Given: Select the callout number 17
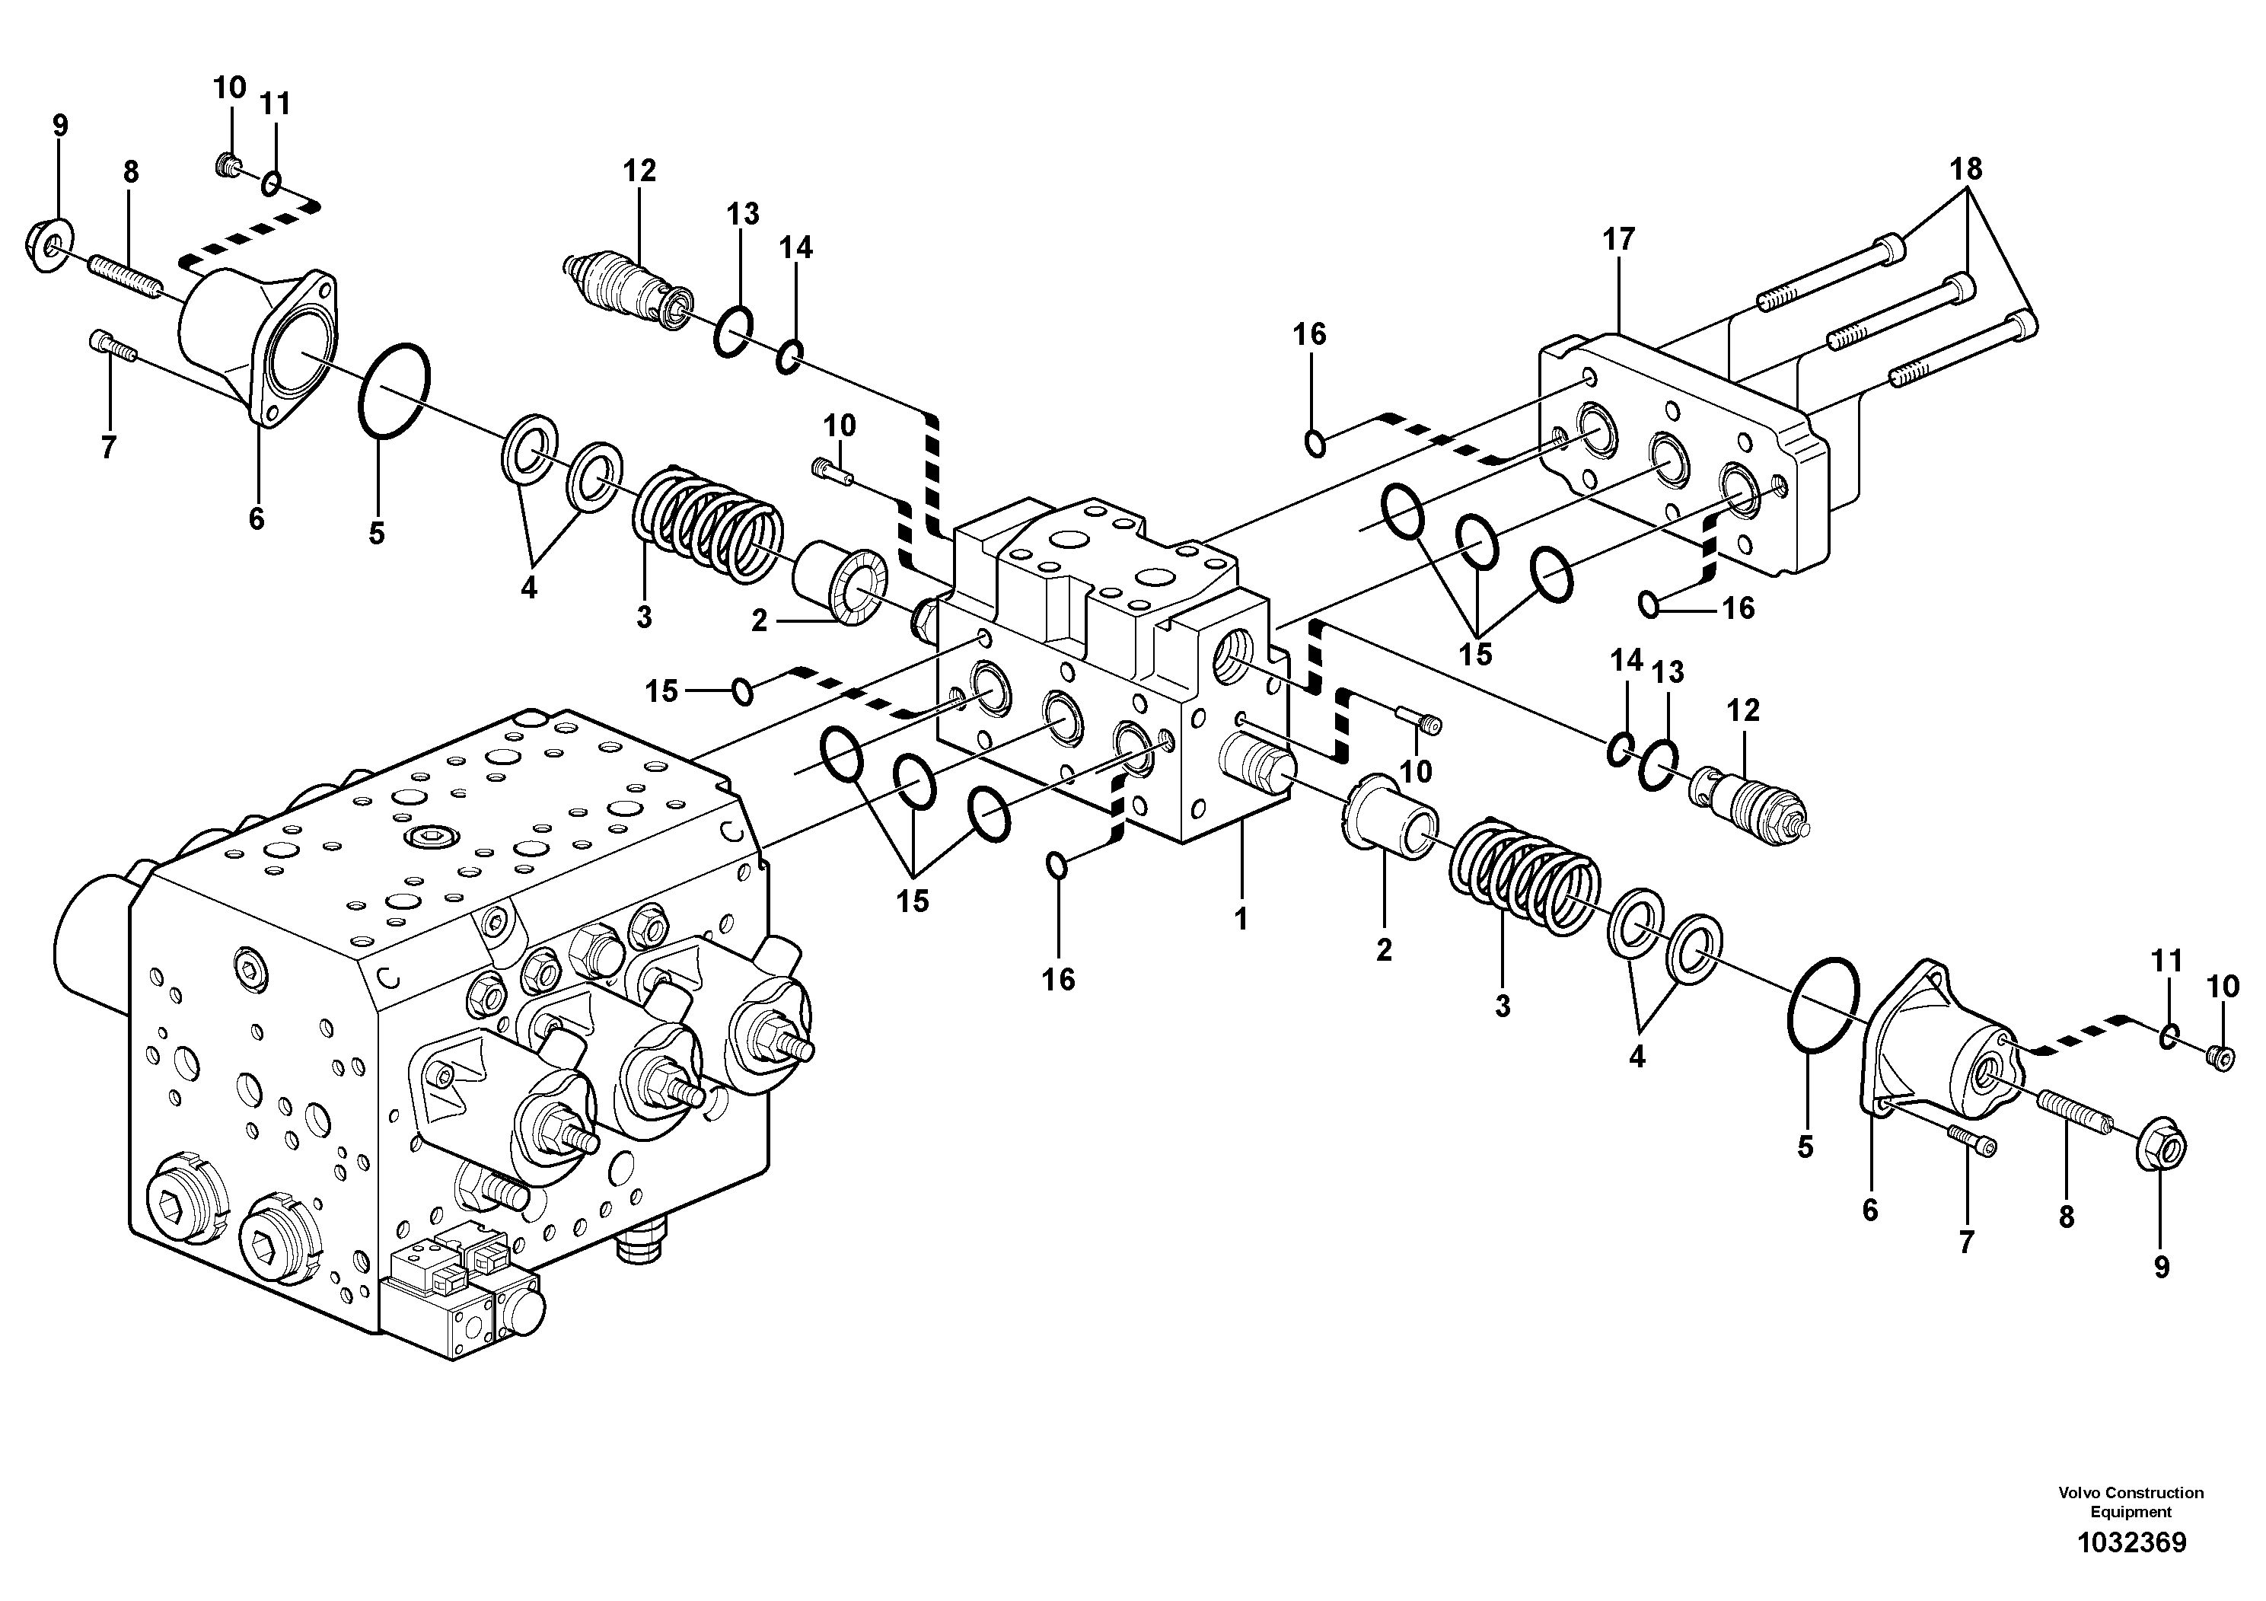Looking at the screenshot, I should (1618, 239).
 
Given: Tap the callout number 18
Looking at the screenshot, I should (1965, 169).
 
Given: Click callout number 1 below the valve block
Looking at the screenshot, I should (1241, 918).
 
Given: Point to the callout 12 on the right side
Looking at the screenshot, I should (1743, 710).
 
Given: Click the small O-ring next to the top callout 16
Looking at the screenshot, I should (1315, 444).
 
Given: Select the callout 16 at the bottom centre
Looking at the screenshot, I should (1058, 979).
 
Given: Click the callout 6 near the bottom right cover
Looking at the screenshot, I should (1870, 1209).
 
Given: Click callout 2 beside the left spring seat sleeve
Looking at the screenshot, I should (758, 621).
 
